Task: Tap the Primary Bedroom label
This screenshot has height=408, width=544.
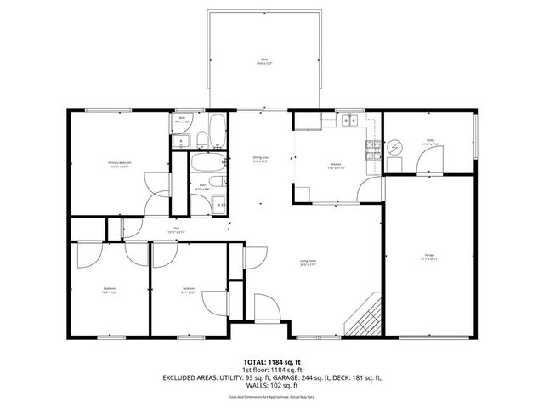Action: coord(118,163)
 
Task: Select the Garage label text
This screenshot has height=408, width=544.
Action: coord(429,257)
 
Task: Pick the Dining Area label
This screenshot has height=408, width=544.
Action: coord(260,159)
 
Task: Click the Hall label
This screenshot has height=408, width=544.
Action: coord(177,229)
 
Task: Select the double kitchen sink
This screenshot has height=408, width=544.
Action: coord(349,120)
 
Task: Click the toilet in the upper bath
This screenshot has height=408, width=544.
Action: coord(198,139)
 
